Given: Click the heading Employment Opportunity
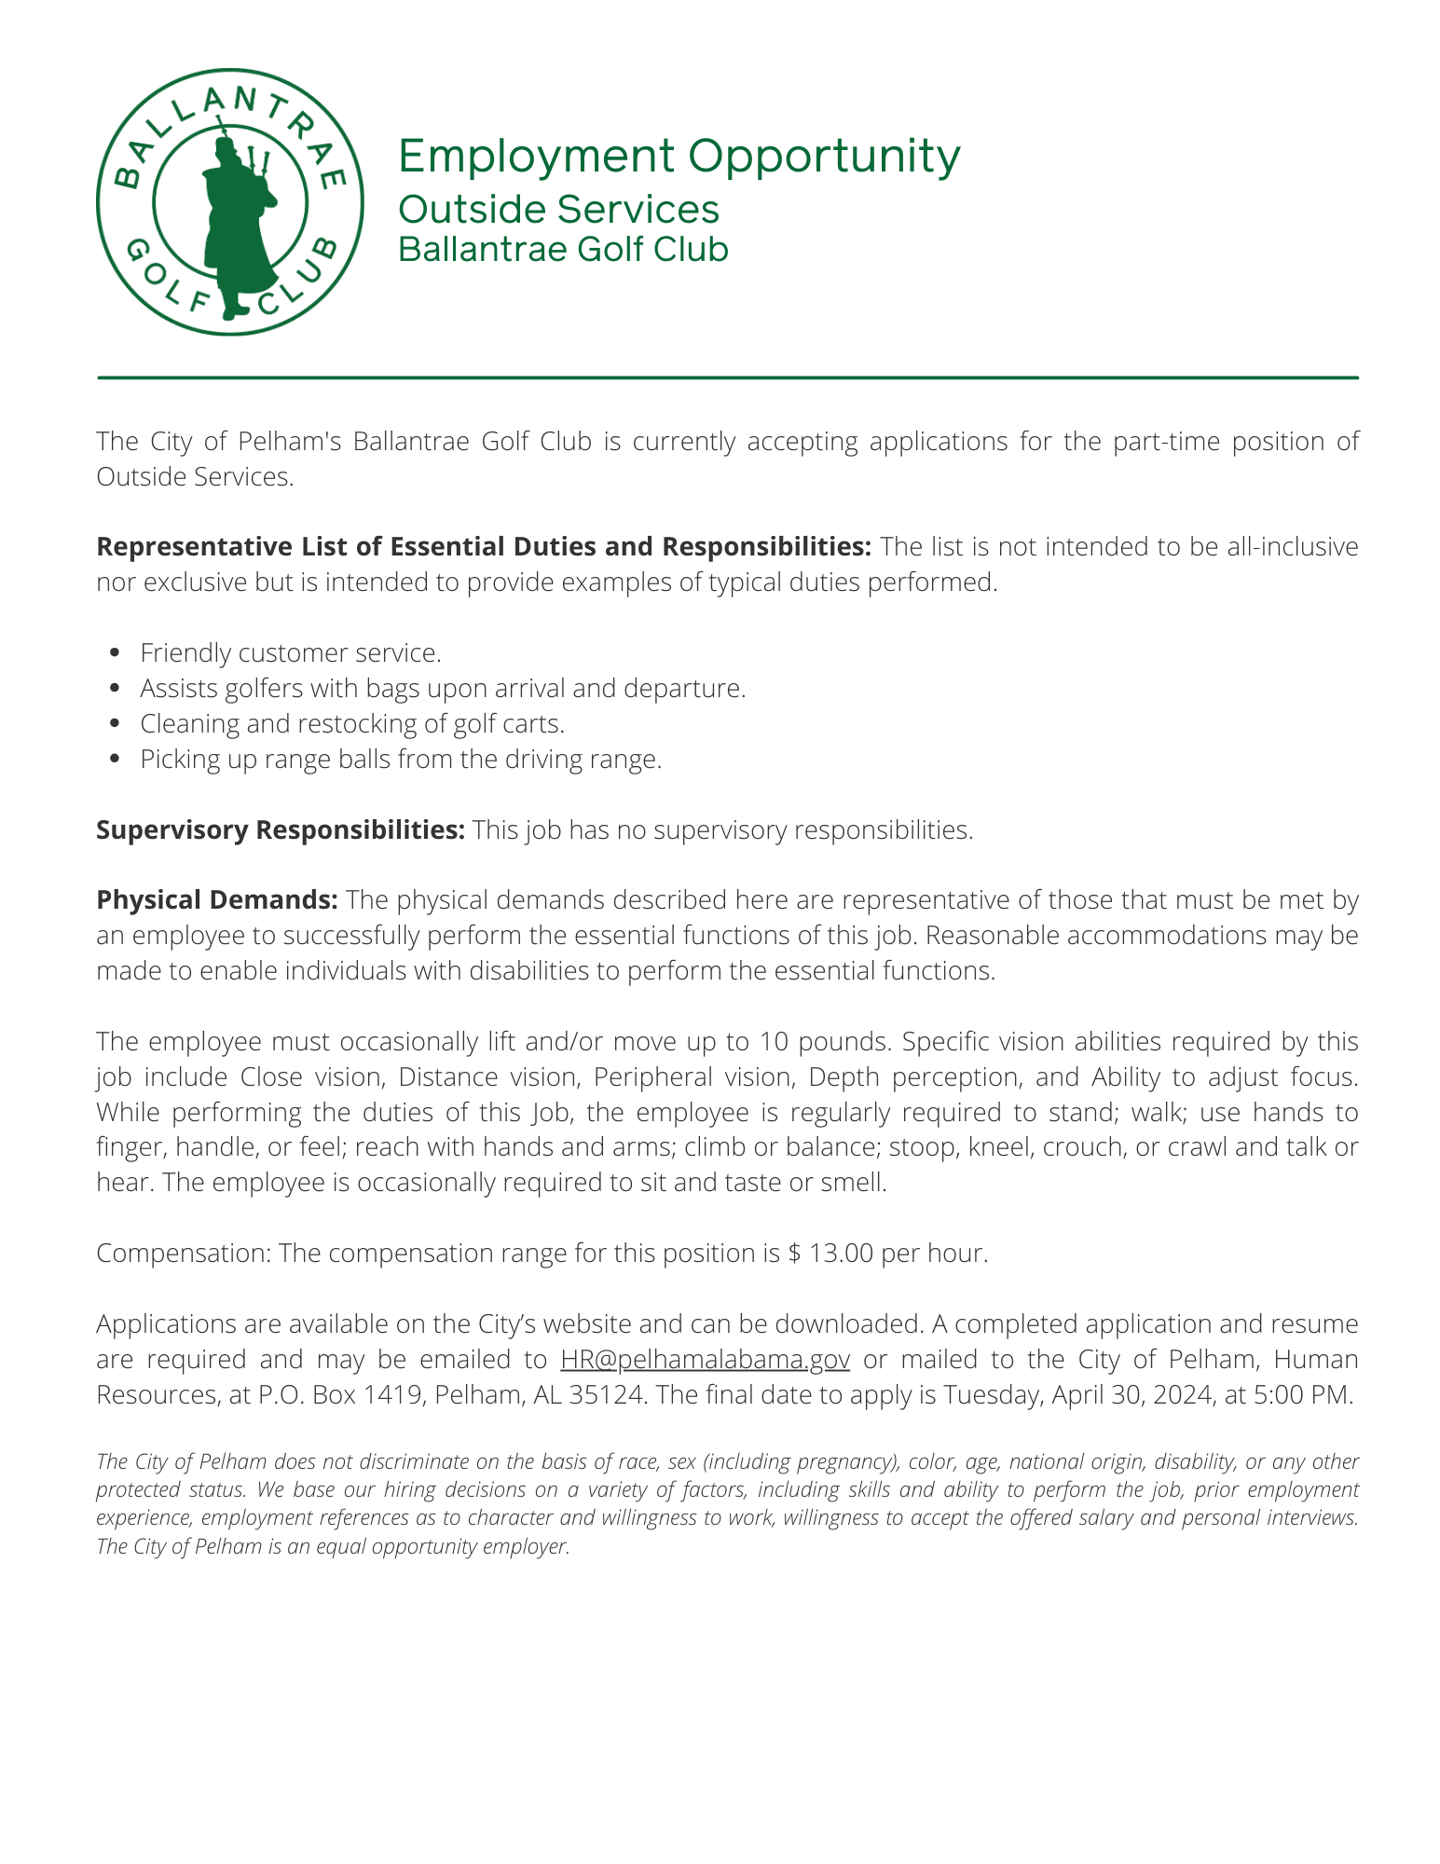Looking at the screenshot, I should (679, 156).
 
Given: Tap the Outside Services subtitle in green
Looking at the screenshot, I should (558, 209).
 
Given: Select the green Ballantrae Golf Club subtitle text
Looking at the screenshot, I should (563, 250).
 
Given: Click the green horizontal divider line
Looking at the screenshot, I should (727, 377).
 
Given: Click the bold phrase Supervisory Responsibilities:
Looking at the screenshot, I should (280, 829).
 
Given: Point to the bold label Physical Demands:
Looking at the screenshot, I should (217, 900).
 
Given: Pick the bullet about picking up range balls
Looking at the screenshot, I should (401, 760).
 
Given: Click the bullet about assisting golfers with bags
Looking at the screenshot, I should (443, 689).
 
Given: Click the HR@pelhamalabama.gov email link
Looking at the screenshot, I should (705, 1359).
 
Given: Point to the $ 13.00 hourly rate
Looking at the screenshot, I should (830, 1253).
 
